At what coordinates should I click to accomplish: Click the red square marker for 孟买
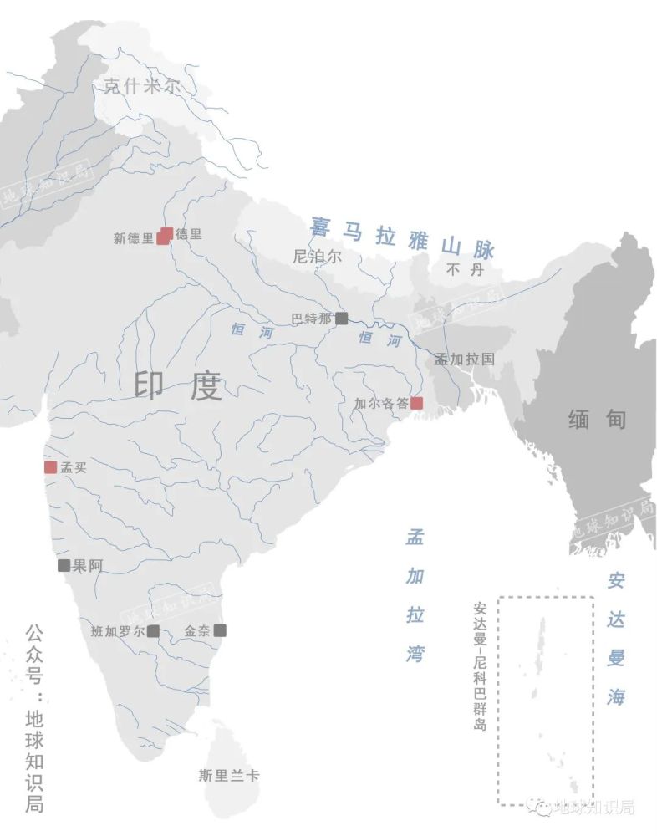[x=51, y=467]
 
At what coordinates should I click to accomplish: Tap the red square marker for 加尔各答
[x=416, y=403]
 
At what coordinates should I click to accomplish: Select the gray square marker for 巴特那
[x=341, y=318]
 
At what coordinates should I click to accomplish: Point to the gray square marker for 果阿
[x=64, y=565]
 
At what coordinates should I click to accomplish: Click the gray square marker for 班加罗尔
[x=153, y=631]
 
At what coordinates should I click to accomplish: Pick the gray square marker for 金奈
[x=219, y=631]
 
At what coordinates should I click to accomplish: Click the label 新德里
[x=134, y=238]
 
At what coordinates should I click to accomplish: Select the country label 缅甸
[x=597, y=419]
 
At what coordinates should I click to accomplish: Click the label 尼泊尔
[x=318, y=257]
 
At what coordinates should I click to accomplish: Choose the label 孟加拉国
[x=464, y=359]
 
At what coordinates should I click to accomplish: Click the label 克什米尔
[x=141, y=85]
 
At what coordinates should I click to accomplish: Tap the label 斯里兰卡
[x=229, y=776]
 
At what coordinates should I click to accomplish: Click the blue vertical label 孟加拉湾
[x=415, y=595]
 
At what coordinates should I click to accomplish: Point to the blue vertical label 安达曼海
[x=616, y=638]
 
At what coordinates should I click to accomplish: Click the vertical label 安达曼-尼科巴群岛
[x=480, y=666]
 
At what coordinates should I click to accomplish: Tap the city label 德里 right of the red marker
[x=188, y=234]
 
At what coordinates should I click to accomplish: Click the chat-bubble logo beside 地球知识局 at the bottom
[x=544, y=808]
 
